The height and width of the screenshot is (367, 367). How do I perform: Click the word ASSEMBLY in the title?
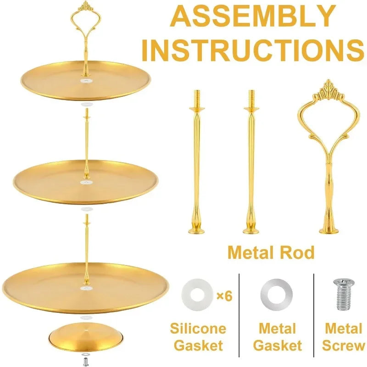(x=253, y=16)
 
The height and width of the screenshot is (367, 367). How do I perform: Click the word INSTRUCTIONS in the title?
(x=253, y=50)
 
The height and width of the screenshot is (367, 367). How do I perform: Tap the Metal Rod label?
(x=271, y=253)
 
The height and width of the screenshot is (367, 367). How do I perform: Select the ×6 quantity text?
(x=224, y=296)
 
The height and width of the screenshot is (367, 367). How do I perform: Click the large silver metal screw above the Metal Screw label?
(x=344, y=295)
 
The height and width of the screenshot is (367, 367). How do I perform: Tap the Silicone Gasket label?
(x=198, y=337)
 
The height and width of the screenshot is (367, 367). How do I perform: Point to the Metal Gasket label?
(x=278, y=337)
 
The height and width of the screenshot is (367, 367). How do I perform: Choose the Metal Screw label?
(x=343, y=337)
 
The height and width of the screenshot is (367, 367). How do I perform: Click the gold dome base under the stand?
(x=86, y=337)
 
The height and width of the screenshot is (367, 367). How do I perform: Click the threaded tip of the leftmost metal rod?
(x=197, y=98)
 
